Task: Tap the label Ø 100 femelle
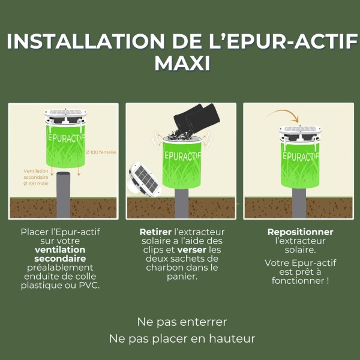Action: (x=100, y=152)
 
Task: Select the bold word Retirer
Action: (x=155, y=232)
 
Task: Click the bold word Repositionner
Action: (x=300, y=232)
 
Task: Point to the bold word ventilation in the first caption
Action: (x=60, y=250)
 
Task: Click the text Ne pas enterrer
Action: (x=182, y=322)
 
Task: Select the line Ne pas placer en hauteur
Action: (x=182, y=338)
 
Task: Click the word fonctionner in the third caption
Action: (x=298, y=281)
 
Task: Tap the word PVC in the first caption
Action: (x=88, y=286)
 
